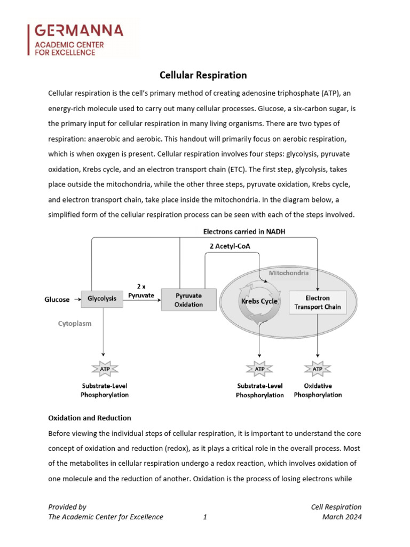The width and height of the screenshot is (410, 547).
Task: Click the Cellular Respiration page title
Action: tap(204, 75)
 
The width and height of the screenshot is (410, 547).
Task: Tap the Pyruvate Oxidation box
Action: tap(188, 300)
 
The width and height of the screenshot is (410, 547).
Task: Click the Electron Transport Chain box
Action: tap(318, 302)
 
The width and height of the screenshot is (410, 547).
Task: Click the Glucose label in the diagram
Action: tap(57, 300)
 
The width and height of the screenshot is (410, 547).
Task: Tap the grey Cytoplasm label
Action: tap(74, 324)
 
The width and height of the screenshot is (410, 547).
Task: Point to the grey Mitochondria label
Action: tap(288, 273)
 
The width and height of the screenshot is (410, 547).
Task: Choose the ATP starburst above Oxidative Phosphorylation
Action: tap(318, 369)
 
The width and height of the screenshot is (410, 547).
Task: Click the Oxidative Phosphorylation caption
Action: tap(318, 390)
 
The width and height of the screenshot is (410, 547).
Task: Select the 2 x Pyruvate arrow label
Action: tap(141, 291)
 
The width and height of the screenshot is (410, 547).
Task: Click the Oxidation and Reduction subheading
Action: tap(89, 418)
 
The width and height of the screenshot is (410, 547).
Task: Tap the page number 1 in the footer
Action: tap(205, 517)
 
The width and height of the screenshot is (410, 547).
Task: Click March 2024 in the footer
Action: tap(342, 517)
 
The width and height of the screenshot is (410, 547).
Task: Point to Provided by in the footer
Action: tap(67, 507)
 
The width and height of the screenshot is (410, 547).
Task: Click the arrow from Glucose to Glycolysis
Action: tap(76, 300)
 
